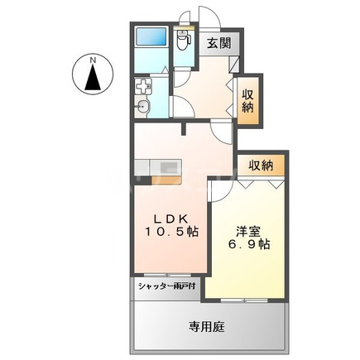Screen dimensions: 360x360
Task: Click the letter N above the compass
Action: tap(94, 59)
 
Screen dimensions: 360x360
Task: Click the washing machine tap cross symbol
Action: tap(143, 86)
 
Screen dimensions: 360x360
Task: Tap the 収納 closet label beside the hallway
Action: tap(247, 100)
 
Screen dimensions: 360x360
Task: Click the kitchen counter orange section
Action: tap(168, 166)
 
